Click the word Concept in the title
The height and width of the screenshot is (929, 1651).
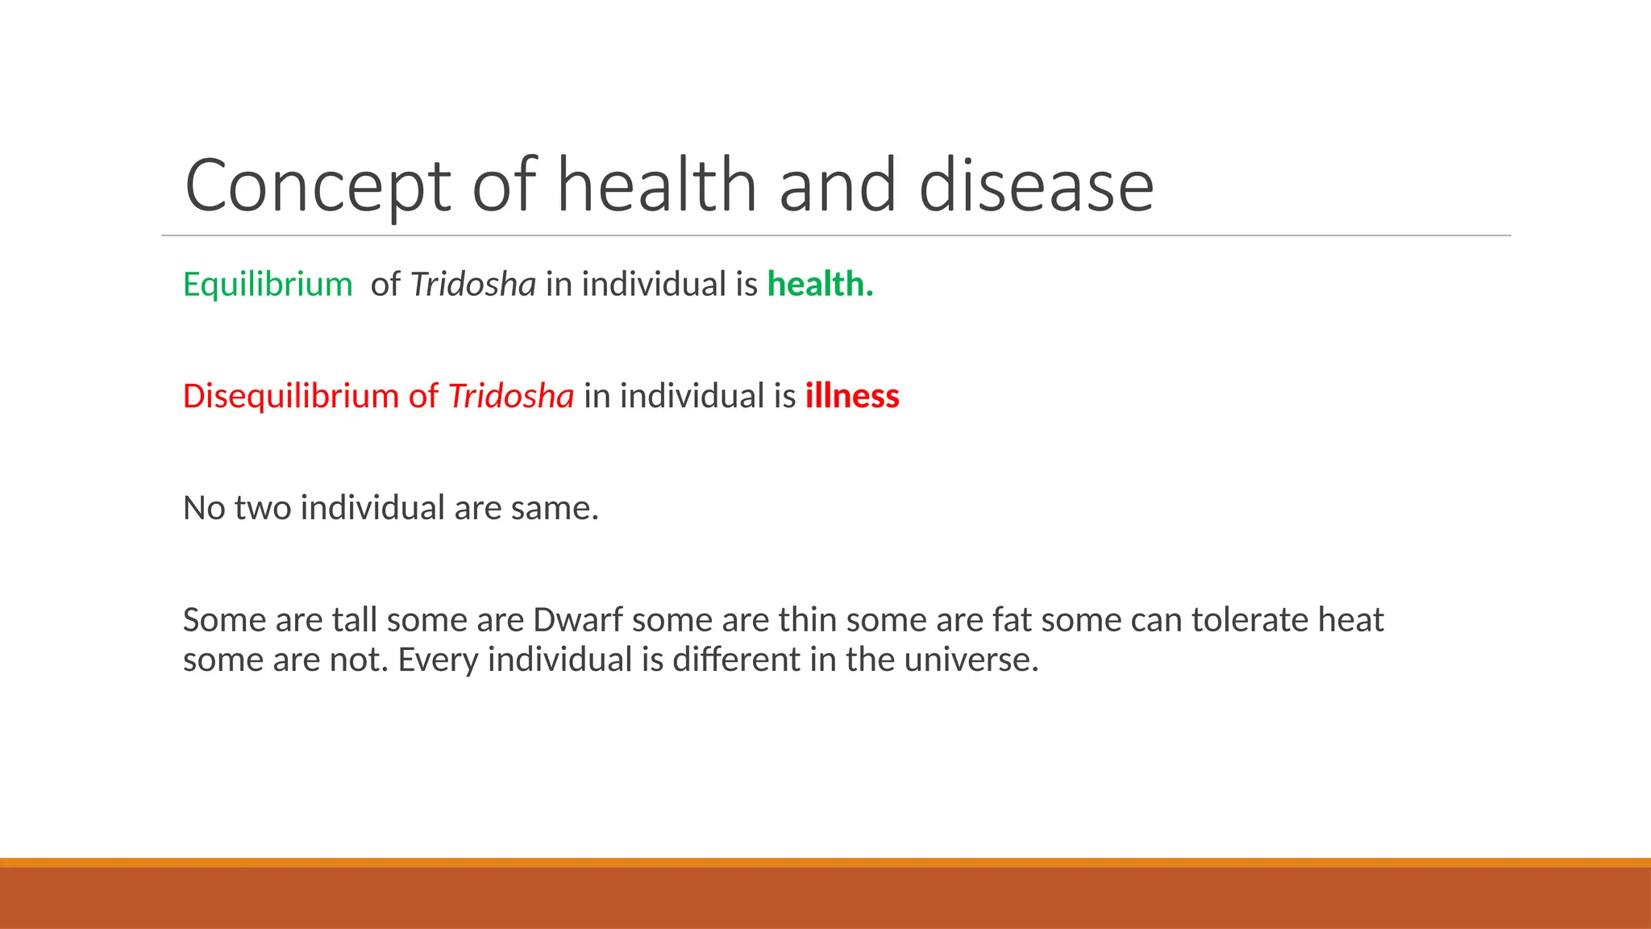pos(317,187)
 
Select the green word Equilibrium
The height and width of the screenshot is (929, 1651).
pos(268,285)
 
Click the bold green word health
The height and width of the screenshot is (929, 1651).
pos(820,285)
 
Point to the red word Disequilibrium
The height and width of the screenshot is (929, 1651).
pos(290,397)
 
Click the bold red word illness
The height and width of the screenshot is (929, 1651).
pos(852,397)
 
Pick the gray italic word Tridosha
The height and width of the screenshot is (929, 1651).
pos(473,285)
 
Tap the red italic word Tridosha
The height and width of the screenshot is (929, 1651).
pos(511,397)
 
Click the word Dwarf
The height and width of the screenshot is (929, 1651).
pos(577,620)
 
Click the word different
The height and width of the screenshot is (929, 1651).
pos(736,660)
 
